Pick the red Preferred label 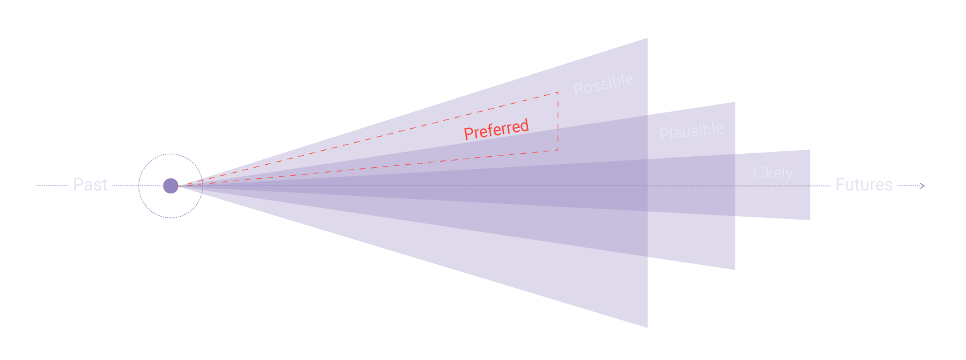click(x=496, y=130)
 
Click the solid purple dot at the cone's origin click(x=171, y=185)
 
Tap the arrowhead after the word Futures click(x=923, y=185)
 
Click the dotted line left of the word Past click(x=52, y=185)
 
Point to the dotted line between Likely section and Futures click(x=820, y=185)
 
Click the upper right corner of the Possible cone click(x=647, y=39)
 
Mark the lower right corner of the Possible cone click(x=647, y=327)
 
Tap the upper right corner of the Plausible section click(x=734, y=103)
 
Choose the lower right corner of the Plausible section click(x=734, y=269)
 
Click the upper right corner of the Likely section click(x=809, y=151)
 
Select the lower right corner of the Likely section click(x=809, y=219)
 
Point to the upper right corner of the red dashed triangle click(x=558, y=93)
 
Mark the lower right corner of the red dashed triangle click(x=558, y=150)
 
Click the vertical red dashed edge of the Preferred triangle click(x=558, y=122)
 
